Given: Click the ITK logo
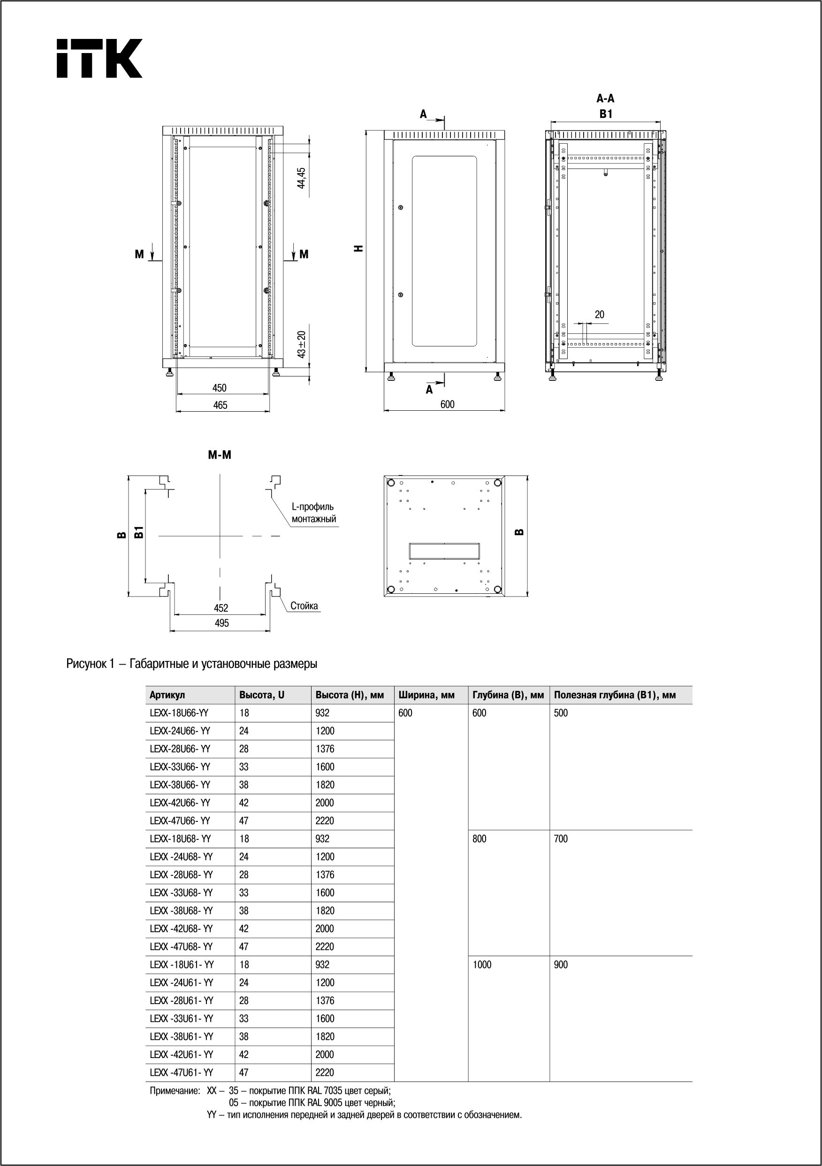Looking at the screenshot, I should point(99,58).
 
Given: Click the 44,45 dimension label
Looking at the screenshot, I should point(301,178).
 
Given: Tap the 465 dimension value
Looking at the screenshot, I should point(221,405).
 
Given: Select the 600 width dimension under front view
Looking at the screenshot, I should point(447,404).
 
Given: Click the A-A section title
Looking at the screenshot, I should point(605,99).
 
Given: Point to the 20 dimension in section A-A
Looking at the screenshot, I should point(600,315).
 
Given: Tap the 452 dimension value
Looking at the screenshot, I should point(221,608).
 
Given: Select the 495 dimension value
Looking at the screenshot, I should point(222,623).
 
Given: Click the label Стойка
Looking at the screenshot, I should point(304,606).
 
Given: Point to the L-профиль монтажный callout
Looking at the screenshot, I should point(314,513).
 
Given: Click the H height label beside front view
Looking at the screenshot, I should point(359,248).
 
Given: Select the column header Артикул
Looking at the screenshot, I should point(167,695).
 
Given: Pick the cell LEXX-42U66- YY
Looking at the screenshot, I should point(180,803).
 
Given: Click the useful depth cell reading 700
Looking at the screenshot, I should point(561,839).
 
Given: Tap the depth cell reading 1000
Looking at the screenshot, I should point(482,965).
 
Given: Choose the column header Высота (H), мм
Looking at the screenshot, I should point(350,695).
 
